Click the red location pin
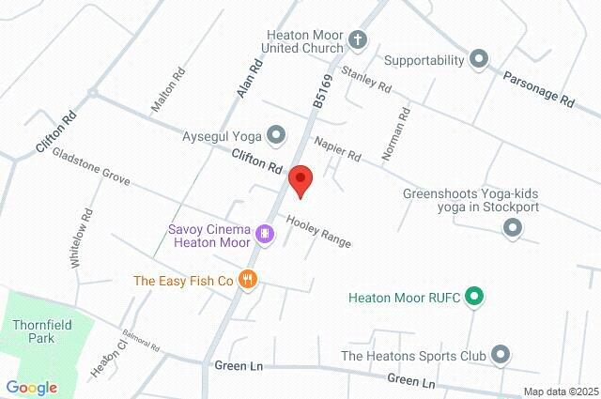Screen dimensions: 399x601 [300, 178]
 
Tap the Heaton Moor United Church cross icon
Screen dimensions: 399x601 [357, 40]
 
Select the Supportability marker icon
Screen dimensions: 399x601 [479, 60]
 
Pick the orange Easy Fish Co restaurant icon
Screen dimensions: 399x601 [248, 280]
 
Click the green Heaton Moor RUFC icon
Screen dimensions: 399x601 [474, 299]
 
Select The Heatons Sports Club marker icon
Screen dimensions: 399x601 [501, 355]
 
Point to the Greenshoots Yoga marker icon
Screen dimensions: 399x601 [513, 227]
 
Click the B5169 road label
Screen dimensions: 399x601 [325, 92]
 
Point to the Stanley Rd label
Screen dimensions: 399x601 [366, 81]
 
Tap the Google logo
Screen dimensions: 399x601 [32, 387]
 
